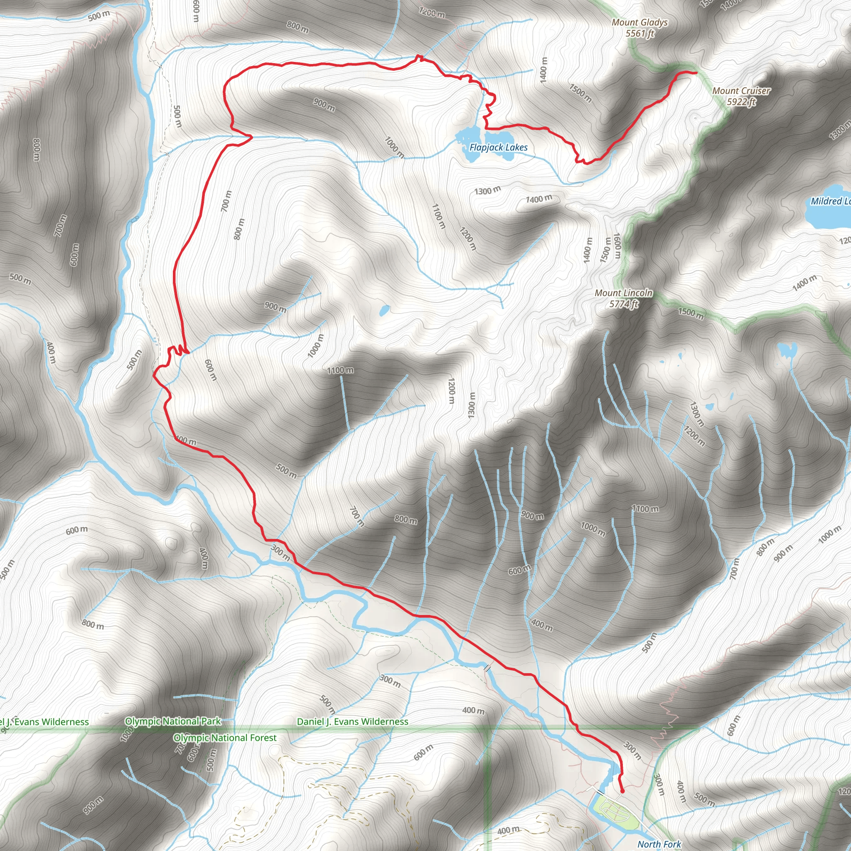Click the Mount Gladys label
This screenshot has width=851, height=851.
[x=639, y=22]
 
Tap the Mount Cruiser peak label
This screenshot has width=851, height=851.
[x=741, y=91]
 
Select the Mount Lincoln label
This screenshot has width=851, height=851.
[x=623, y=293]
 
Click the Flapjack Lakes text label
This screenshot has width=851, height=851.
[x=498, y=148]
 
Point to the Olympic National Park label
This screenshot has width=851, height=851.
[x=173, y=721]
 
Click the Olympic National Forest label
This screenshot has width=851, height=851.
[x=225, y=738]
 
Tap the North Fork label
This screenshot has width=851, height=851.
[x=659, y=844]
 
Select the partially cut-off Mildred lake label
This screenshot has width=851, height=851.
[x=831, y=201]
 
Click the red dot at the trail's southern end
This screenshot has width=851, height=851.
[x=622, y=792]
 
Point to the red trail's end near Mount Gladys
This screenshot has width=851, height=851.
[x=696, y=73]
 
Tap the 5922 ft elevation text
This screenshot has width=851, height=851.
[x=741, y=102]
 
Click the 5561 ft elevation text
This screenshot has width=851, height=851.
[x=639, y=34]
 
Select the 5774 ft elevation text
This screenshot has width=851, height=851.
[x=623, y=304]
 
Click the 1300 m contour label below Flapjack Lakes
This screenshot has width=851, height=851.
[x=487, y=191]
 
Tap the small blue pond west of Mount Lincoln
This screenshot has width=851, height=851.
[x=384, y=310]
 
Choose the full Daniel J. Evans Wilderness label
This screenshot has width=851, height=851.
[x=352, y=721]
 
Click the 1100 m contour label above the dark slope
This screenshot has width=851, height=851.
[x=340, y=370]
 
